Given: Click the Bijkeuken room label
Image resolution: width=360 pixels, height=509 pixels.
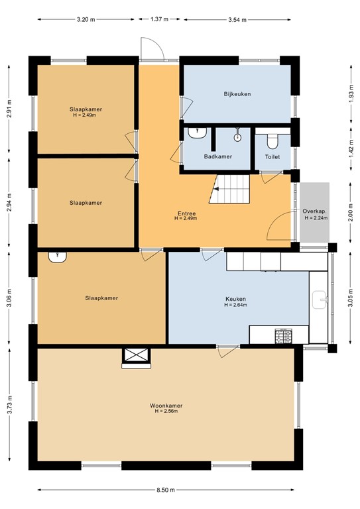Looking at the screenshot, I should tap(237, 94).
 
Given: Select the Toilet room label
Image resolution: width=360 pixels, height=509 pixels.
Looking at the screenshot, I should tap(272, 157).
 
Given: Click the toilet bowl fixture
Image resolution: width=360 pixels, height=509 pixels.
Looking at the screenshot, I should tap(272, 141).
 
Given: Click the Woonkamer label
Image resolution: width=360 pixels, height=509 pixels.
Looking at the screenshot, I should tap(166, 406).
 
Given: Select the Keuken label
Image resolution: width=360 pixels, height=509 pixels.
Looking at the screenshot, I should tap(235, 299).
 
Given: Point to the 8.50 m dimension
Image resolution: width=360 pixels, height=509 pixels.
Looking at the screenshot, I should tap(166, 490).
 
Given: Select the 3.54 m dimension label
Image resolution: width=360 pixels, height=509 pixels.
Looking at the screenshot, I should tap(237, 19).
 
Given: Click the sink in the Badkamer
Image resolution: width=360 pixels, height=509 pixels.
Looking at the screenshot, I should tap(195, 134).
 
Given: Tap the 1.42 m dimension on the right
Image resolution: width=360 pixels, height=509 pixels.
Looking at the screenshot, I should tap(351, 149).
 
